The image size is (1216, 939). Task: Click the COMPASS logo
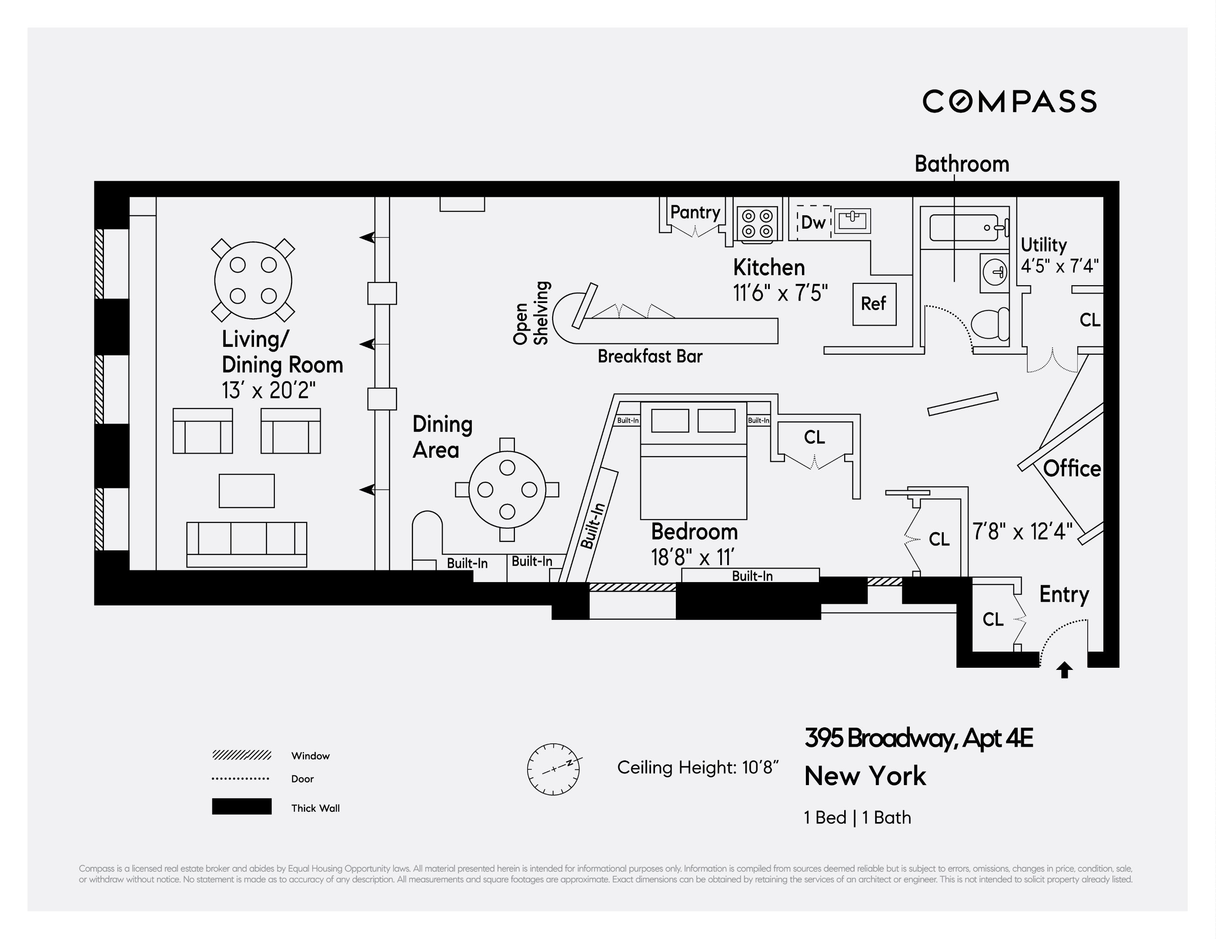pos(1009,101)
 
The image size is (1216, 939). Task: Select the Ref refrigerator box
pos(874,304)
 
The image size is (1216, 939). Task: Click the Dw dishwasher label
pos(813,223)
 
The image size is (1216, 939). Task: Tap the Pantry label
pos(695,212)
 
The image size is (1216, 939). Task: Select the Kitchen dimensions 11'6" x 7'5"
pos(780,293)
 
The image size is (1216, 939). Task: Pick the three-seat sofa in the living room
pos(246,544)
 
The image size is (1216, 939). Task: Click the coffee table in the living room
pos(246,490)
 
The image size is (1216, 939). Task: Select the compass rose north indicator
pos(554,769)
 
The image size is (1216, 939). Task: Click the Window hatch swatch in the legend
pos(242,755)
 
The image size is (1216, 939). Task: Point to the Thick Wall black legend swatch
pos(242,806)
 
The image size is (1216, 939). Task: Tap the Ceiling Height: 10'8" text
pos(697,768)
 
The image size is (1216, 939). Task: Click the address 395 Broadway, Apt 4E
pos(918,739)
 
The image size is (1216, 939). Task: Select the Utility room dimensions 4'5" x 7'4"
pos(1059,266)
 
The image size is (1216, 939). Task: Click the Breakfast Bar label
pos(650,356)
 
